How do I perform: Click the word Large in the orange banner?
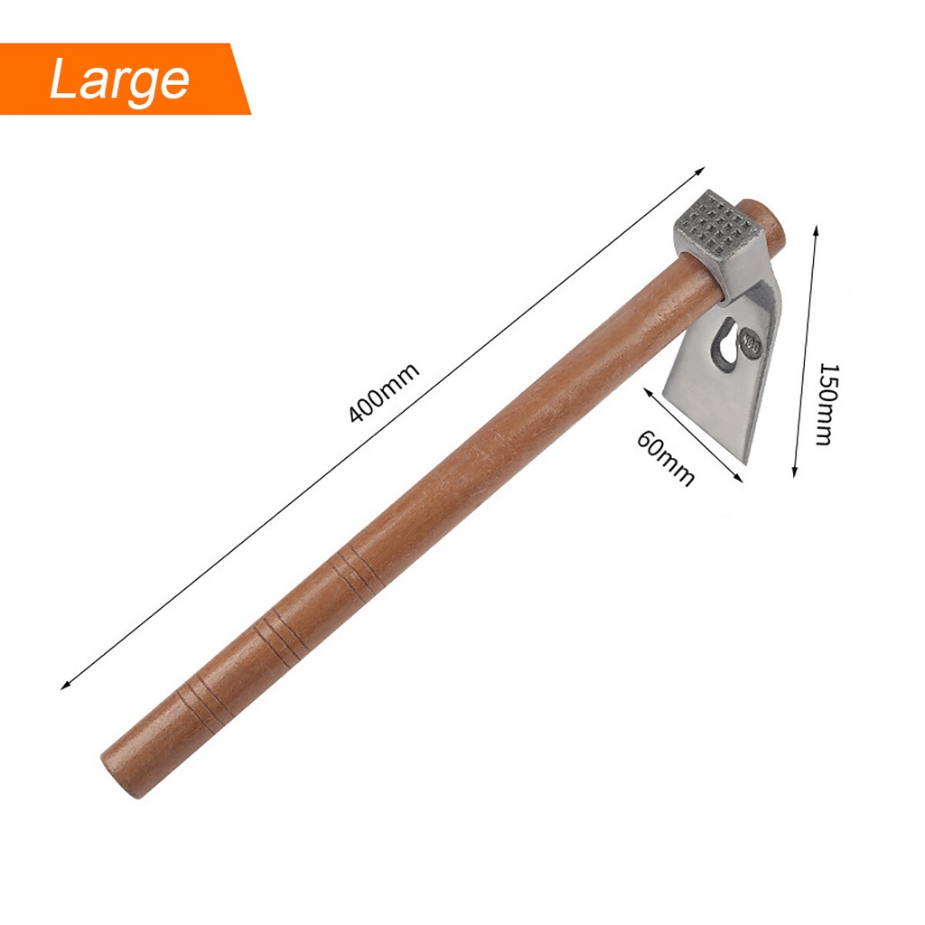click(119, 80)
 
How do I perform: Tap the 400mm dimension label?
click(383, 392)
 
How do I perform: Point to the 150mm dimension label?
click(827, 404)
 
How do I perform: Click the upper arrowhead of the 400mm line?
click(700, 171)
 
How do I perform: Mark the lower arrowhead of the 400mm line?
click(66, 685)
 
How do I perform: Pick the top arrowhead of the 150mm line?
click(817, 229)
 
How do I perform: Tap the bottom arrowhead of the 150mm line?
click(795, 472)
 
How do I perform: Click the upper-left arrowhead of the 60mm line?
click(648, 392)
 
